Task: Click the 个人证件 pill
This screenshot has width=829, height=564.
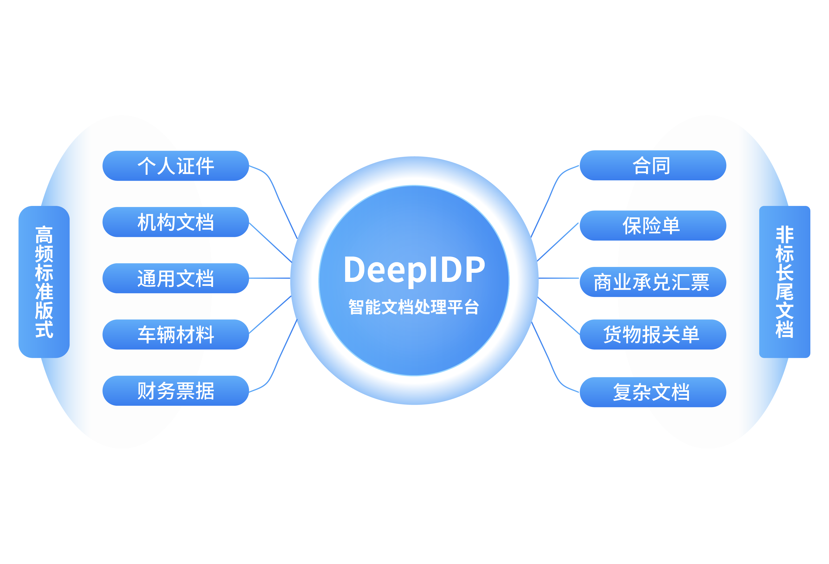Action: click(x=175, y=166)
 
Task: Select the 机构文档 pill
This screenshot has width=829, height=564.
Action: click(x=175, y=222)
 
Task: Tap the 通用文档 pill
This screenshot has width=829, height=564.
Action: click(x=175, y=278)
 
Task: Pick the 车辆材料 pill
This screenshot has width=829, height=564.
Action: click(x=175, y=334)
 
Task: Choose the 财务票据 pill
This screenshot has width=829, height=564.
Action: click(x=175, y=391)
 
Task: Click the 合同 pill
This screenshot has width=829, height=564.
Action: click(x=652, y=165)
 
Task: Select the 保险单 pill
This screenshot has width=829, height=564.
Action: click(x=652, y=226)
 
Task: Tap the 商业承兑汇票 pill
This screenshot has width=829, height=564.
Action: click(x=652, y=282)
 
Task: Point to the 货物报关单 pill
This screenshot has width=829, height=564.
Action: click(x=652, y=334)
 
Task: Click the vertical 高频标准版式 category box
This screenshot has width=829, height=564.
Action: click(x=44, y=282)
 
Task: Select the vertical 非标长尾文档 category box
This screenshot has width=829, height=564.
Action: click(x=785, y=282)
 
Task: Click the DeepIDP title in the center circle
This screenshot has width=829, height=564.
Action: click(x=414, y=270)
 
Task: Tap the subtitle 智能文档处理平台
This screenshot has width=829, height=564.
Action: click(x=414, y=307)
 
